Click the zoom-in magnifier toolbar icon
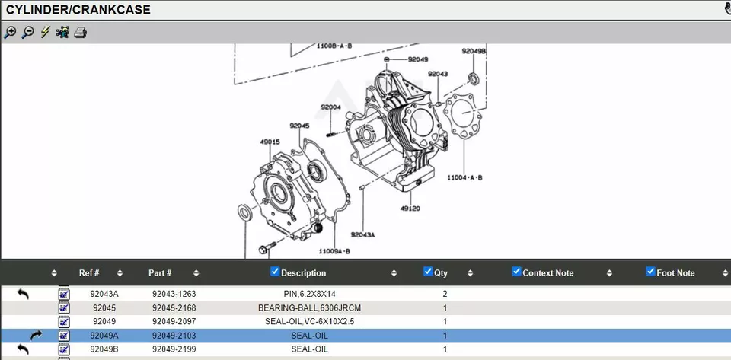click(10, 32)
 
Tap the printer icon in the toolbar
click(81, 33)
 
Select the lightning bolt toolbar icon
click(45, 32)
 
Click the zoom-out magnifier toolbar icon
click(28, 32)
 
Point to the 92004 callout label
click(331, 107)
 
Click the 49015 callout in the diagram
click(270, 142)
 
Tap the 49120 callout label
click(410, 209)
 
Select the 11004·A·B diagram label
click(464, 177)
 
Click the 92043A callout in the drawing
click(362, 234)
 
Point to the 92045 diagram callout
click(299, 126)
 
